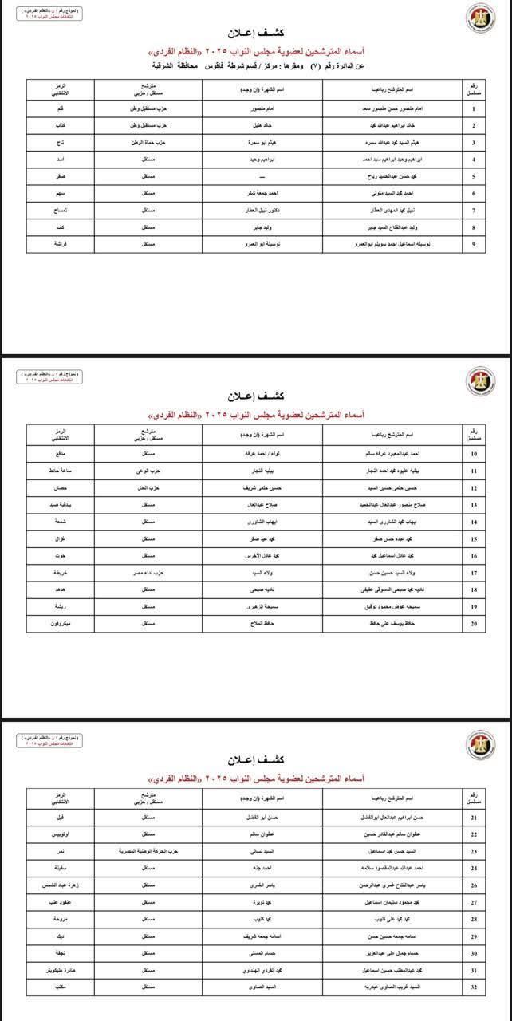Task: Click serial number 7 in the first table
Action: pyautogui.click(x=475, y=210)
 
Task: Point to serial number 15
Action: pyautogui.click(x=475, y=538)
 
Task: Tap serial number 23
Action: pyautogui.click(x=475, y=851)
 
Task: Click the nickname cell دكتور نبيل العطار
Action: pyautogui.click(x=262, y=210)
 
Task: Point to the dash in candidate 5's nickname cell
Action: pyautogui.click(x=262, y=175)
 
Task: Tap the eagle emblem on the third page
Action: pyautogui.click(x=479, y=744)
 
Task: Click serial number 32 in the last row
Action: pyautogui.click(x=475, y=987)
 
